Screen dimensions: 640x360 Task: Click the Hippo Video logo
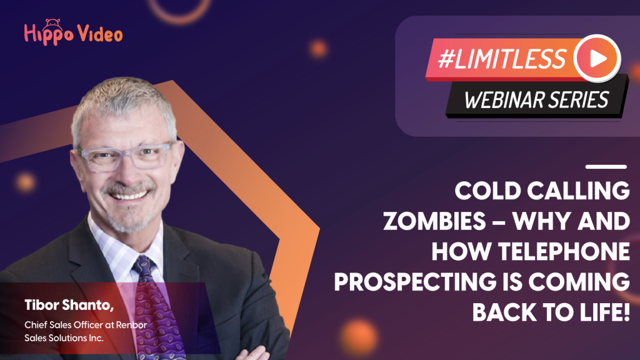coord(73,32)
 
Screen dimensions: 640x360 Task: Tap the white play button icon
coord(597,58)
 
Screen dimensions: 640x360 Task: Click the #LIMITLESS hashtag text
coord(502,59)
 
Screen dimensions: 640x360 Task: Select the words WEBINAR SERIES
coord(537,100)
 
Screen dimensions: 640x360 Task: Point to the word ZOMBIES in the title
coord(434,221)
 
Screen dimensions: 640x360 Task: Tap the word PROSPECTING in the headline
coord(415,282)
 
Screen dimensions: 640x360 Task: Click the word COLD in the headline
coord(487,191)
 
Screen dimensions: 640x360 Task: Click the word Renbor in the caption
coord(131,325)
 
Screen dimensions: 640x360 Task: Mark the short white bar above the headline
coord(606,166)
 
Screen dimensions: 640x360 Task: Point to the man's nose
coord(131,174)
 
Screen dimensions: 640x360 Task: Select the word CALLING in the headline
coord(578,191)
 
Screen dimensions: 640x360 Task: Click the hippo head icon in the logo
coord(53,23)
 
